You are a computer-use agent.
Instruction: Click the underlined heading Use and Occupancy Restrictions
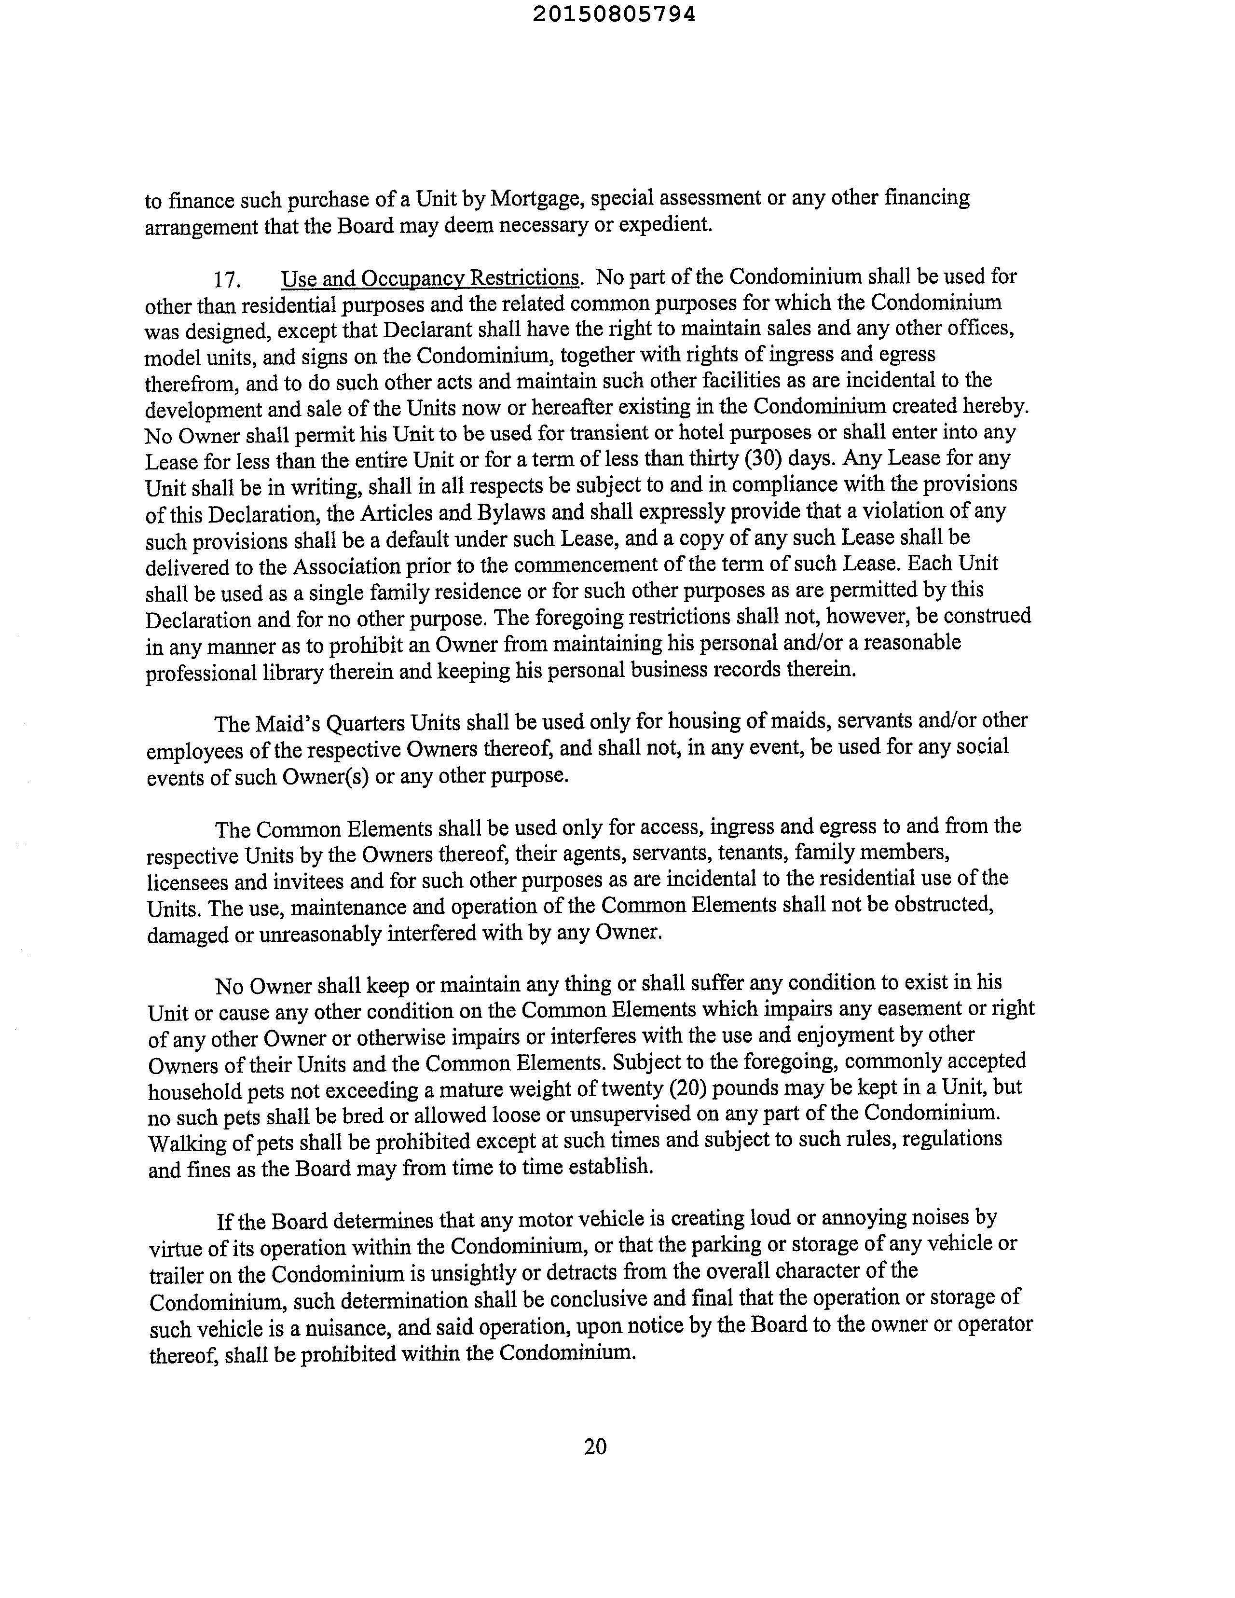(x=430, y=278)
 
